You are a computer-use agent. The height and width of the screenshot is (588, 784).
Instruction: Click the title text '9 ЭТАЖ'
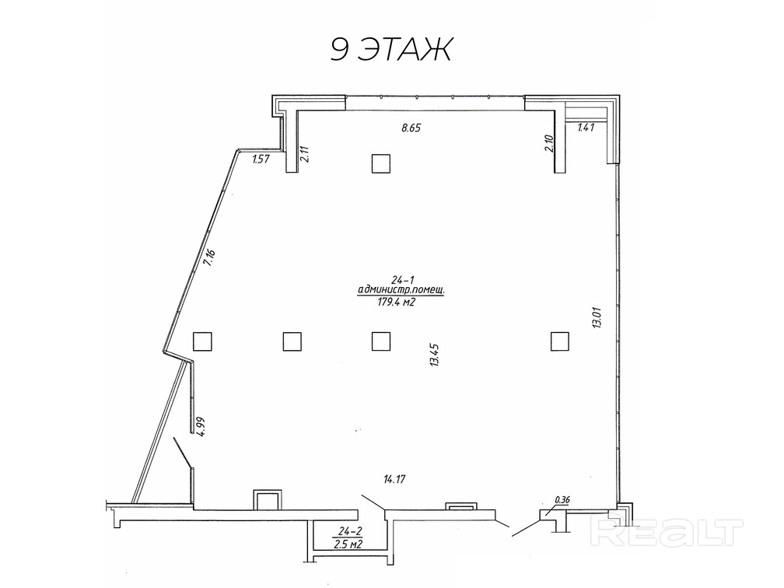(x=391, y=49)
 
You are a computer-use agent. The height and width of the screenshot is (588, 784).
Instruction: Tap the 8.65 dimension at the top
(x=411, y=128)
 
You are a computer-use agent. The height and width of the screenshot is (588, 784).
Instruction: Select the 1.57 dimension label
(x=261, y=159)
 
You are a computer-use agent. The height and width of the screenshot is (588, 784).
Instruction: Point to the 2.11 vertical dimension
(x=305, y=153)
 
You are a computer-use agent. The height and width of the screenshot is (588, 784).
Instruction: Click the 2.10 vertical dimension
(x=549, y=144)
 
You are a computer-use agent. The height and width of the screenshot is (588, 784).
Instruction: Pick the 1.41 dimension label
(x=586, y=128)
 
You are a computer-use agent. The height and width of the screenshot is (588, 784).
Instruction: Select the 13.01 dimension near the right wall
(x=597, y=317)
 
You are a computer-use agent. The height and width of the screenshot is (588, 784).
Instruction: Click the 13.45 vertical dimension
(x=433, y=355)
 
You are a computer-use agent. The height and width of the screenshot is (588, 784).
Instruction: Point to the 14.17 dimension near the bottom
(x=394, y=479)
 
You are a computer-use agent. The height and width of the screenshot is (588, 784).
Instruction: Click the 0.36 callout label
(x=562, y=499)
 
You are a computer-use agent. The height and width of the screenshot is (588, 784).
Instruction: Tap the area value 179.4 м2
(x=397, y=302)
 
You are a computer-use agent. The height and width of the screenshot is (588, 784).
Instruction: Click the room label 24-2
(x=349, y=530)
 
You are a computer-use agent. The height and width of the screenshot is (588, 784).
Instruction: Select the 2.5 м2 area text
(x=349, y=544)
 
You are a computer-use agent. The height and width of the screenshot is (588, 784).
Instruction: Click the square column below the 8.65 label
(x=381, y=163)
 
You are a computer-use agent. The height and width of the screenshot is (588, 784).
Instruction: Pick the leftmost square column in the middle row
(x=202, y=341)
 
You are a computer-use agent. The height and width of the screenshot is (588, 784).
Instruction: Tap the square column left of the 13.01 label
(x=560, y=341)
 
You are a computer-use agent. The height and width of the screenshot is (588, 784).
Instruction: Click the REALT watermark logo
(x=667, y=533)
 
